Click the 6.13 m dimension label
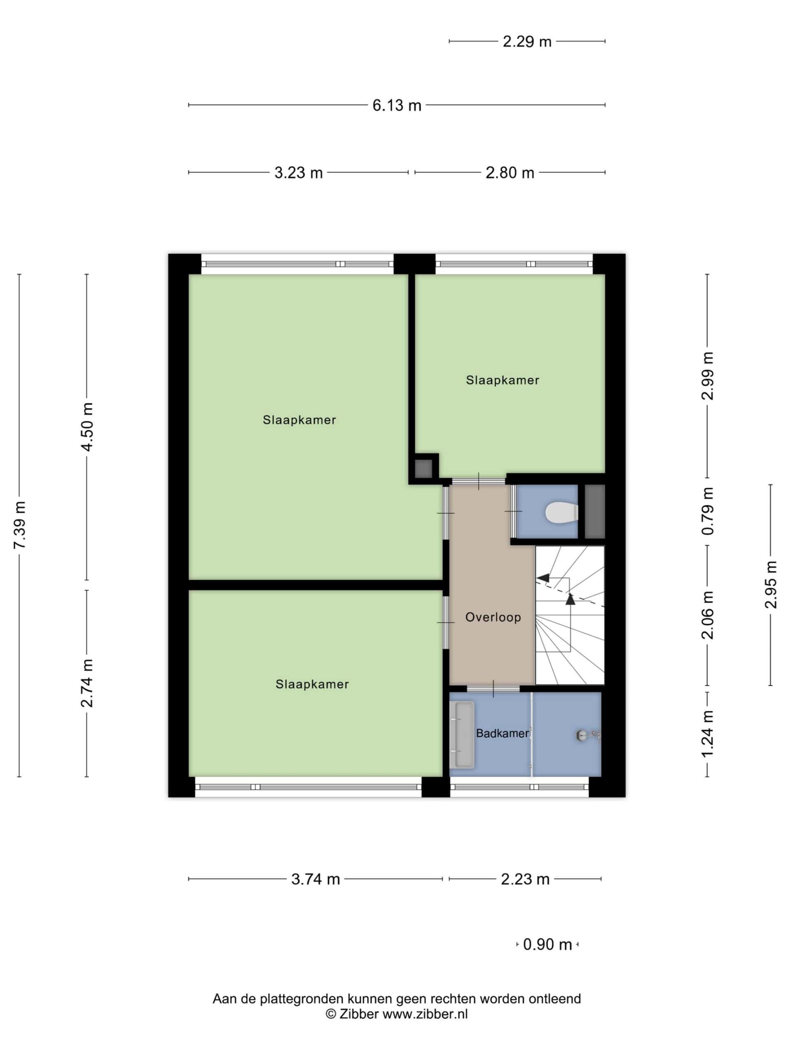tap(397, 105)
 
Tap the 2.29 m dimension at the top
tap(527, 42)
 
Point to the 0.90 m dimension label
tap(547, 944)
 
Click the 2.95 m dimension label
tap(771, 585)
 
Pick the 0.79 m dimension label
tap(708, 511)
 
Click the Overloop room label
tap(493, 618)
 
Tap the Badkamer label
tap(502, 733)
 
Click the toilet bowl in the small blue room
tap(562, 513)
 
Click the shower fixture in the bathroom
tap(588, 736)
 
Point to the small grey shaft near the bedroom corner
tap(423, 469)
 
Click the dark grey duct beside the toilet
tap(594, 512)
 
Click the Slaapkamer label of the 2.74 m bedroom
tap(312, 684)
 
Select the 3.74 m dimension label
tap(315, 879)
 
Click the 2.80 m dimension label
tap(509, 173)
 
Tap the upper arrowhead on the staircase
tap(543, 578)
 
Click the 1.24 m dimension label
tap(708, 733)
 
